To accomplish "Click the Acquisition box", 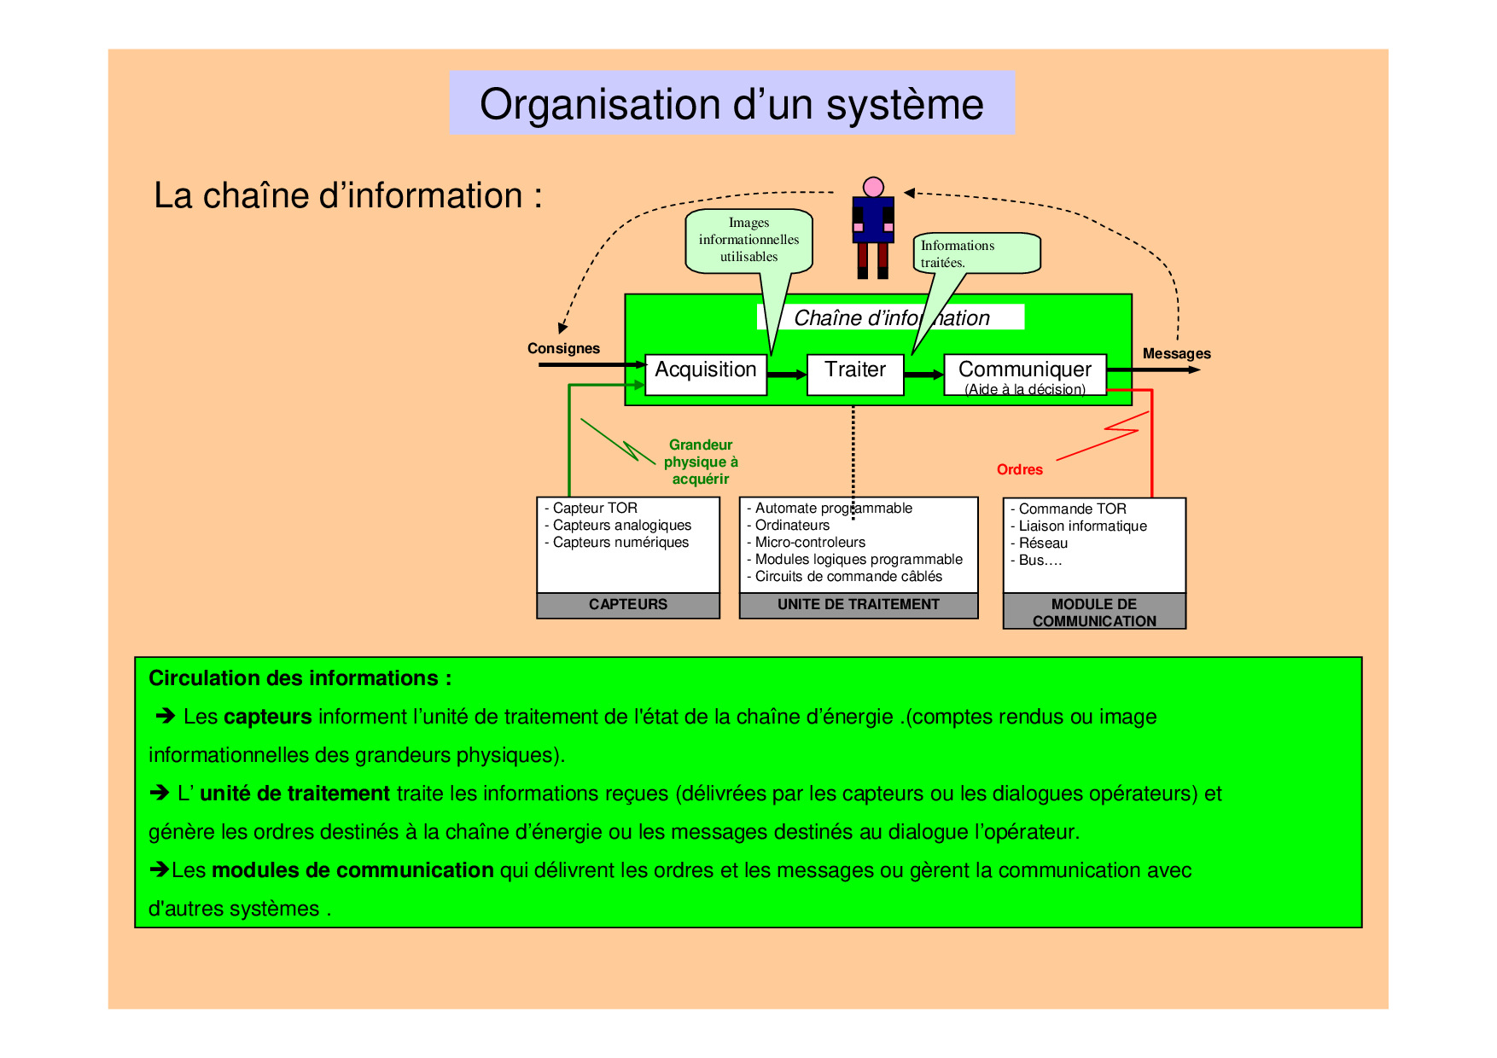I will click(x=705, y=374).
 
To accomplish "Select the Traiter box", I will click(x=854, y=374).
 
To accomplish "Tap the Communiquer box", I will click(x=1024, y=374).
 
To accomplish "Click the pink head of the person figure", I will click(x=872, y=187).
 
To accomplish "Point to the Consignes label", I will click(x=563, y=348).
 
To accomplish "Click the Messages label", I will click(x=1176, y=353).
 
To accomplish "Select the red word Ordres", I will click(x=1019, y=469).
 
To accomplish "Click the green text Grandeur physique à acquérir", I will click(x=701, y=462).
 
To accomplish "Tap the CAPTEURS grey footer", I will click(x=627, y=604).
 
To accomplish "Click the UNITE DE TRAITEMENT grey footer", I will click(x=858, y=604).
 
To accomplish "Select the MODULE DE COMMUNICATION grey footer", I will click(x=1093, y=612).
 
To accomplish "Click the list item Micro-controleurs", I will click(x=810, y=542).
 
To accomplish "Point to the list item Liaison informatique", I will click(x=1082, y=526).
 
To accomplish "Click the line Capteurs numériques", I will click(x=620, y=542).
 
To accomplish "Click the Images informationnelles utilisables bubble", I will click(x=748, y=240).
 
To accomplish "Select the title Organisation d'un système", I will click(x=731, y=103).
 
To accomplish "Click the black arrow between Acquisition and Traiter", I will click(x=786, y=375).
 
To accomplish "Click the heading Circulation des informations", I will click(x=300, y=678).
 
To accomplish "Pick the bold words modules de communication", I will click(x=352, y=870).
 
